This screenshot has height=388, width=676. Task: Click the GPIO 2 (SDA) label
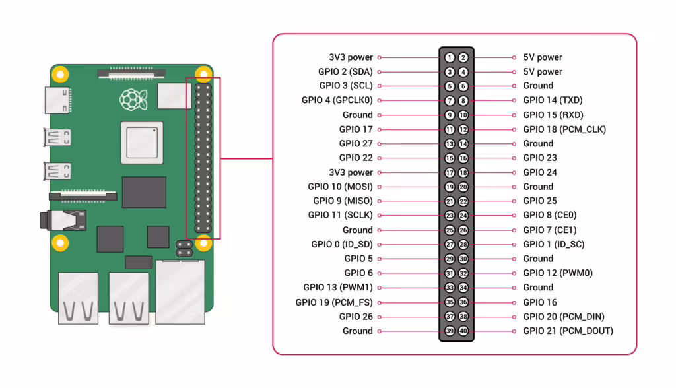pyautogui.click(x=345, y=72)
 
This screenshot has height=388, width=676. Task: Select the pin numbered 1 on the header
pyautogui.click(x=450, y=58)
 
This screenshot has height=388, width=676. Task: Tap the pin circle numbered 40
pyautogui.click(x=463, y=331)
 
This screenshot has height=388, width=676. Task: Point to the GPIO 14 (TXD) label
pyautogui.click(x=553, y=100)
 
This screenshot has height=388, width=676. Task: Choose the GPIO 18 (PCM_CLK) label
pyautogui.click(x=564, y=129)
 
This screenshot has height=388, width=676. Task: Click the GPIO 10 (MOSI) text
pyautogui.click(x=340, y=187)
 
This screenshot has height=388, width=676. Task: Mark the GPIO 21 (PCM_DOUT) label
pyautogui.click(x=568, y=331)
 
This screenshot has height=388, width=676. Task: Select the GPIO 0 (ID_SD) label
pyautogui.click(x=342, y=244)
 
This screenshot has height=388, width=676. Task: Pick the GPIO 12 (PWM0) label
pyautogui.click(x=558, y=273)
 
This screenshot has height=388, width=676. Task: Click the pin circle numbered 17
pyautogui.click(x=450, y=173)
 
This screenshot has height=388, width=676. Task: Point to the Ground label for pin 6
pyautogui.click(x=538, y=86)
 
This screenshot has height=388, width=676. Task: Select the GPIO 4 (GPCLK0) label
pyautogui.click(x=337, y=100)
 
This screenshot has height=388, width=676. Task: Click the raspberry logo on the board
pyautogui.click(x=133, y=99)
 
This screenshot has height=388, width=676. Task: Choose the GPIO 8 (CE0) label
pyautogui.click(x=550, y=215)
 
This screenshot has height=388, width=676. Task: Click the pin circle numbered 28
pyautogui.click(x=463, y=245)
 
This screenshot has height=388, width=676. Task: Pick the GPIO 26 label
pyautogui.click(x=356, y=317)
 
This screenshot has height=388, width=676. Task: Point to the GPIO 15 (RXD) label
pyautogui.click(x=553, y=115)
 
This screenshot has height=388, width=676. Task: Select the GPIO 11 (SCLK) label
pyautogui.click(x=340, y=215)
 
